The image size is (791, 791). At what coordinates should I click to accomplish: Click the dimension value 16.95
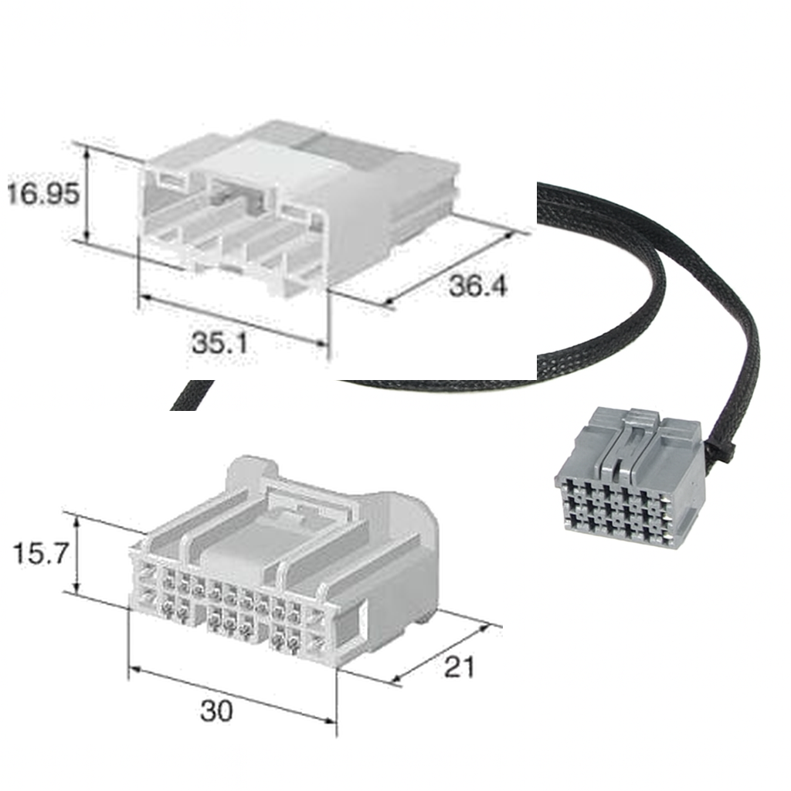pyautogui.click(x=42, y=193)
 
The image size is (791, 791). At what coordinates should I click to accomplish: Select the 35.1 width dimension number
pyautogui.click(x=219, y=342)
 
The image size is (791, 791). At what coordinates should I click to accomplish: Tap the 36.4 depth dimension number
pyautogui.click(x=478, y=286)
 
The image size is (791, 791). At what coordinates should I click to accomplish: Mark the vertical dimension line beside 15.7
pyautogui.click(x=77, y=554)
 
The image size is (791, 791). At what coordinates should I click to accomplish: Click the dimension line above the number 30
pyautogui.click(x=232, y=694)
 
